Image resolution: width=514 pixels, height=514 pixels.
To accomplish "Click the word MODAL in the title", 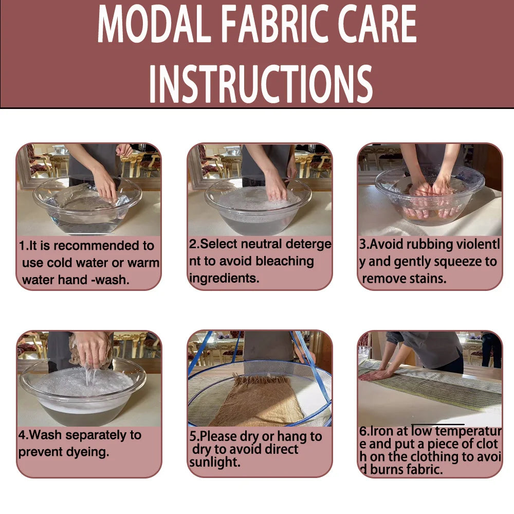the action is point(154,25).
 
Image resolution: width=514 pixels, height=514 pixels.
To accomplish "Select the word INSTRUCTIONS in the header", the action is point(261,83).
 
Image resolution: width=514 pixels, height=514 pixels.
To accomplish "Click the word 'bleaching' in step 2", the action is point(285,261).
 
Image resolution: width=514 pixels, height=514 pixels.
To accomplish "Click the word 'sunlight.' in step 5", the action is point(215,462).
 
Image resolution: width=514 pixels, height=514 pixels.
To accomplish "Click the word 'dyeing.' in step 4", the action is point(87,452).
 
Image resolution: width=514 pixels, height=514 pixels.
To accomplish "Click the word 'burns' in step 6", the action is point(385,469).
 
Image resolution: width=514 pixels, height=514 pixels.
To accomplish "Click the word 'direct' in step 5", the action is point(282,449).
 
